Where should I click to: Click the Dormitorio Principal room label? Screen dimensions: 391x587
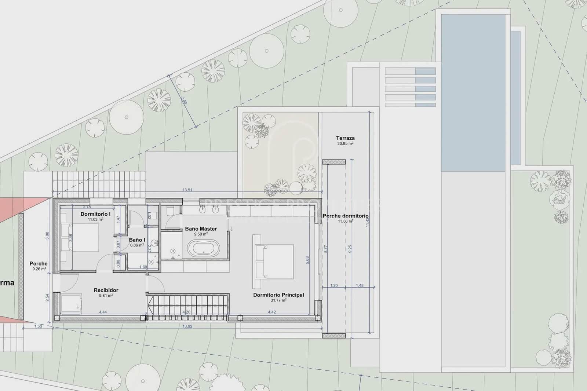tap(278, 295)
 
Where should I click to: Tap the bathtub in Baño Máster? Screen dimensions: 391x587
tap(203, 248)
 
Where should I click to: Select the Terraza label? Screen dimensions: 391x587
tap(345, 138)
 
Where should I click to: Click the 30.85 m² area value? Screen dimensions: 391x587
tap(345, 144)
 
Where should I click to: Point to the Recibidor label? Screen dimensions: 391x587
tap(106, 290)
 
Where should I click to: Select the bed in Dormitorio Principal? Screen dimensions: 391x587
tap(273, 262)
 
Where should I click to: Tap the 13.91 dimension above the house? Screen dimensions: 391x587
tap(187, 190)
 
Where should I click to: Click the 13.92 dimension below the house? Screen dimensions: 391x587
tap(187, 326)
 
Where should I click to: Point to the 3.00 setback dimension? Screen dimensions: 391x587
tap(184, 100)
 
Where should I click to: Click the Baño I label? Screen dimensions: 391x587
tap(137, 240)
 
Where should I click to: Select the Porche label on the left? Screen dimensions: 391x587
tap(39, 263)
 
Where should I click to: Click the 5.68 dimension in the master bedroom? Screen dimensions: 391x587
tap(307, 260)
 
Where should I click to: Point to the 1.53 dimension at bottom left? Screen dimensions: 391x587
tap(38, 326)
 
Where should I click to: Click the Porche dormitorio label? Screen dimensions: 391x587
tap(346, 216)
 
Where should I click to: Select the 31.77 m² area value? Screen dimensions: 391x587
tap(278, 300)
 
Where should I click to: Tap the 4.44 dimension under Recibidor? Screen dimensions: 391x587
tap(103, 312)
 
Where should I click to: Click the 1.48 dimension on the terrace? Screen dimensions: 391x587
tap(360, 285)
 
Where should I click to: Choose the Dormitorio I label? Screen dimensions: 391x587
tap(95, 214)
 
